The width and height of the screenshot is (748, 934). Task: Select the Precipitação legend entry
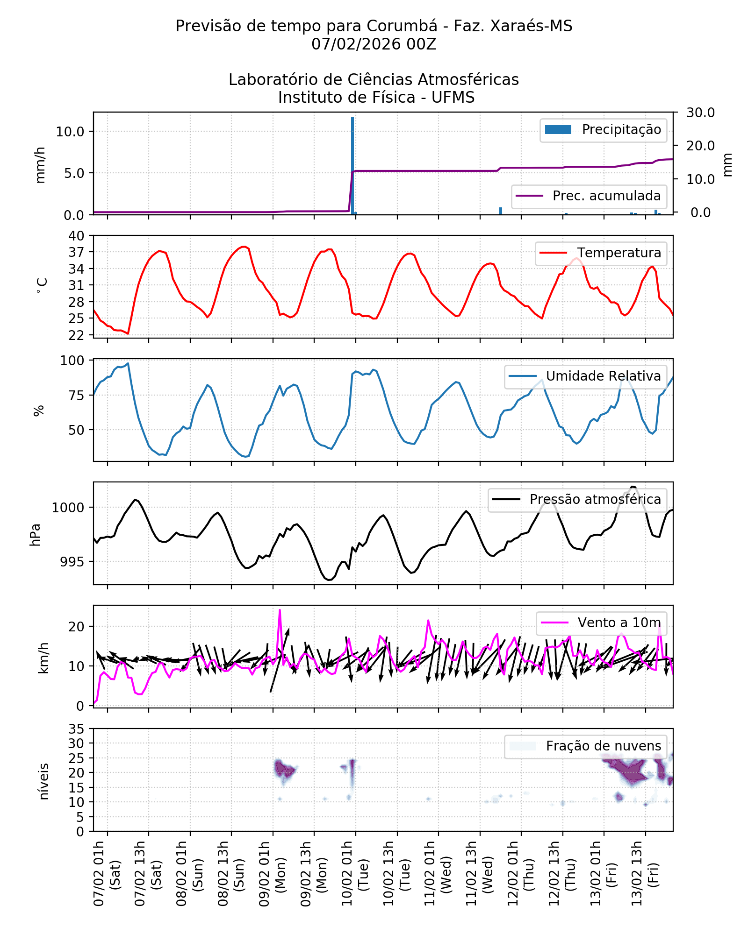click(603, 130)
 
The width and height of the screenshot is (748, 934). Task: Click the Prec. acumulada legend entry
click(589, 196)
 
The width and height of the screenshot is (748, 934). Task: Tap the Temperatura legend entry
click(601, 253)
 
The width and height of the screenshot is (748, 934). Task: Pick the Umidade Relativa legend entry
click(585, 376)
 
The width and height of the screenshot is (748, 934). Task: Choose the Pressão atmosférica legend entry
click(577, 500)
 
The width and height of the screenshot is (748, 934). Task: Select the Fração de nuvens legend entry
click(585, 746)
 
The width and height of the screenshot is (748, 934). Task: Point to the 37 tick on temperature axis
click(76, 252)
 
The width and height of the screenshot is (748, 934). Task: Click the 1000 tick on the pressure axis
click(68, 508)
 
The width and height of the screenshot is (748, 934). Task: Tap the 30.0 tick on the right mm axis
click(700, 113)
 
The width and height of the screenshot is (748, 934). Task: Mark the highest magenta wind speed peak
click(280, 610)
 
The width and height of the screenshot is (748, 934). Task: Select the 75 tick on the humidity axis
click(76, 396)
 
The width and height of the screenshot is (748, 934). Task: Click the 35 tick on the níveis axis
click(76, 729)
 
